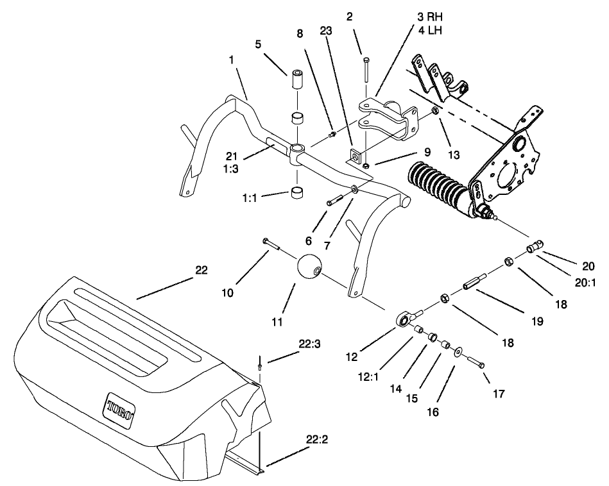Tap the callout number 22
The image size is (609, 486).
[x=201, y=271]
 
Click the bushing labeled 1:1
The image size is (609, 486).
[x=296, y=194]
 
